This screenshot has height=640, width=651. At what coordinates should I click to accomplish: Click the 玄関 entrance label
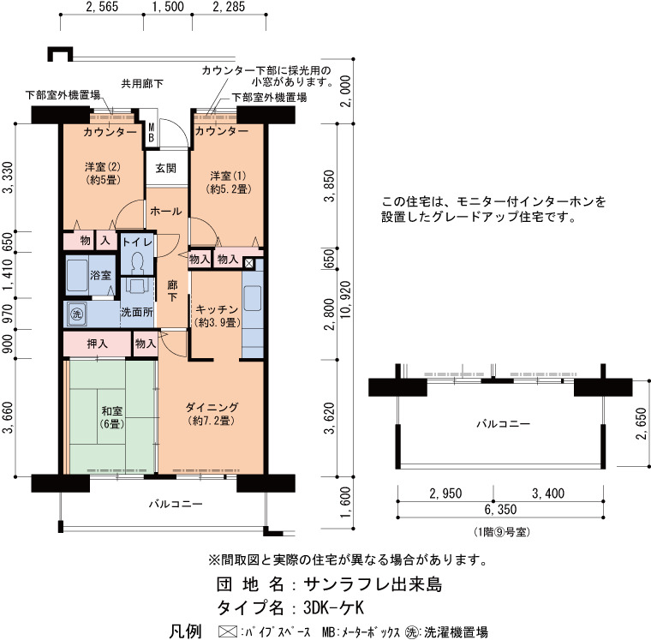click(165, 168)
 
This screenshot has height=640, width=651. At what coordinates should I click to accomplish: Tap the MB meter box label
click(152, 132)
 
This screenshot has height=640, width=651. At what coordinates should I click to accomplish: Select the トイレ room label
click(137, 242)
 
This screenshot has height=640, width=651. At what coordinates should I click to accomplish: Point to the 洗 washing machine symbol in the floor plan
click(76, 314)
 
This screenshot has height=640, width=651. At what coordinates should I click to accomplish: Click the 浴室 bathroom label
click(101, 274)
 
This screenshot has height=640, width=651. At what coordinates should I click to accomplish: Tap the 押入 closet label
click(98, 344)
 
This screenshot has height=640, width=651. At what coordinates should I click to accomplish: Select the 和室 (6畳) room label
click(112, 417)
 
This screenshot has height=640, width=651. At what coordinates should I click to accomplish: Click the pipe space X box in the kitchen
click(248, 263)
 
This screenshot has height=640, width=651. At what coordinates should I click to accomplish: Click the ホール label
click(165, 212)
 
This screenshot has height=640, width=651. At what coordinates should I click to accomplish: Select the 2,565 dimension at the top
click(102, 7)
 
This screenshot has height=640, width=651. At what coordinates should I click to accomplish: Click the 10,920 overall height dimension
click(345, 300)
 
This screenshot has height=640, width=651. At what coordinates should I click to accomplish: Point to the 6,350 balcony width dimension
click(501, 509)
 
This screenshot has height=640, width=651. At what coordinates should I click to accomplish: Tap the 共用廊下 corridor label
click(142, 84)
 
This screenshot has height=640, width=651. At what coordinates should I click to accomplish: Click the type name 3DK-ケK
click(333, 607)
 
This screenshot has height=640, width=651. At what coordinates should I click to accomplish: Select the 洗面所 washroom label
click(137, 313)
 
